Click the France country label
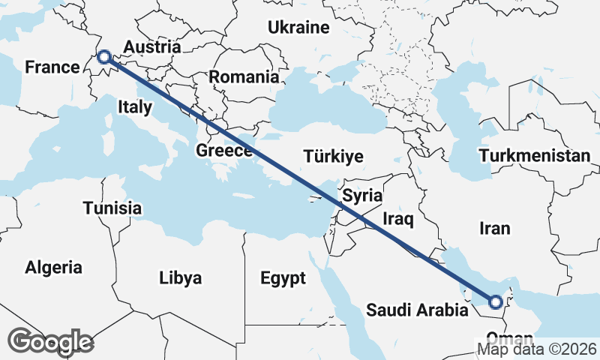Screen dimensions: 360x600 [52, 67]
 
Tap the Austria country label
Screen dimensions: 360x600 [151, 46]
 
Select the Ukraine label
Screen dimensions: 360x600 [299, 28]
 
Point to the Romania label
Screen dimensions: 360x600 [244, 76]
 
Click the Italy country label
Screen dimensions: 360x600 [135, 107]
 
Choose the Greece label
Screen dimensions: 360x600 [223, 151]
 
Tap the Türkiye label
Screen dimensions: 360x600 [334, 157]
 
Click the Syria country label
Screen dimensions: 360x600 [362, 196]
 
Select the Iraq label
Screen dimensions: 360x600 [398, 219]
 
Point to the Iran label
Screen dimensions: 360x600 [493, 229]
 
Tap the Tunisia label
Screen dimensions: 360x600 [113, 207]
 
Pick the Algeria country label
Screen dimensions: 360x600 [53, 267]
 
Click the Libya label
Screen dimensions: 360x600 [181, 278]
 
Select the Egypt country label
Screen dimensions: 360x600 [283, 279]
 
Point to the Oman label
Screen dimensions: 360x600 [504, 337]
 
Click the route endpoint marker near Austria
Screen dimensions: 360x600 [104, 56]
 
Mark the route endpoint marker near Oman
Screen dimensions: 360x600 [495, 302]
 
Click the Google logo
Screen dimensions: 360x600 [51, 341]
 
